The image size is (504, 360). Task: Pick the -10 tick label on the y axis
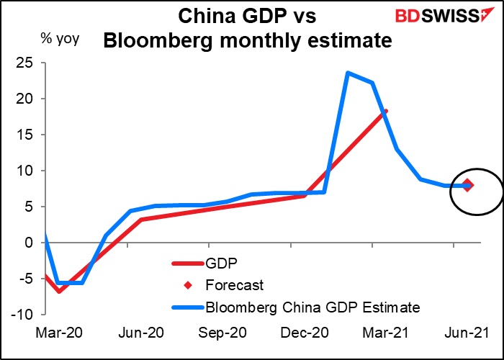click(x=26, y=315)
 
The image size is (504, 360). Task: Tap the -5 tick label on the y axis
click(x=29, y=279)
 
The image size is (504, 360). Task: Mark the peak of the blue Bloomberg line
click(x=348, y=73)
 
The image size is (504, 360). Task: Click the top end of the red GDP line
click(x=386, y=111)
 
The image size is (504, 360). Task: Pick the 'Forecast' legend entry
click(x=235, y=285)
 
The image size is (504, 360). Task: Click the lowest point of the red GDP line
click(x=59, y=291)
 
